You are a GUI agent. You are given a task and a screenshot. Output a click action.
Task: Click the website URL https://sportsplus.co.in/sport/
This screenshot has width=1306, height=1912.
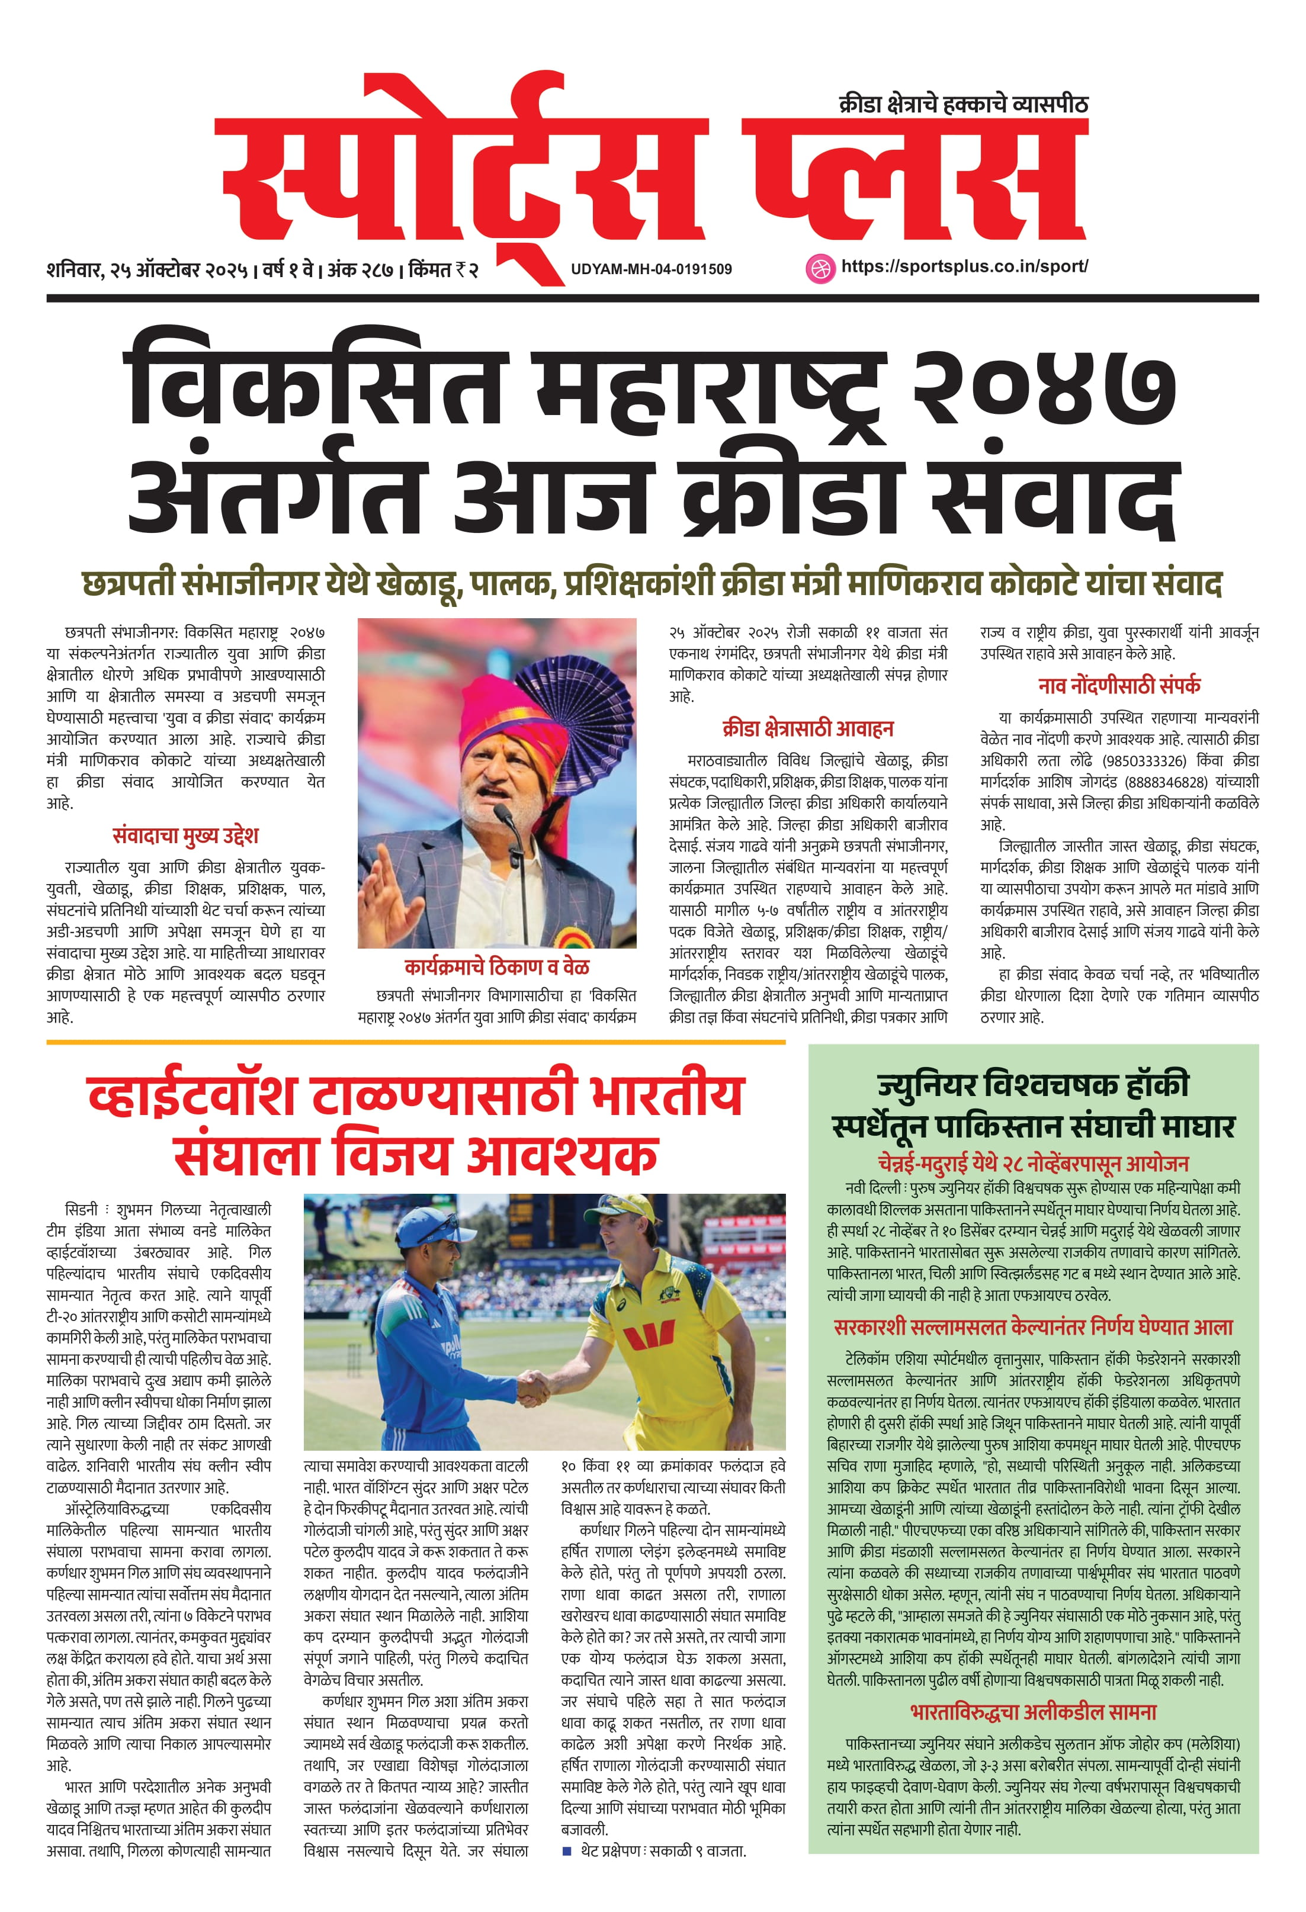coord(964,266)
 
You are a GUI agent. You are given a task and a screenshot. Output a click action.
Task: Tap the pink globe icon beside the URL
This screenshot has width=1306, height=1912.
coord(819,268)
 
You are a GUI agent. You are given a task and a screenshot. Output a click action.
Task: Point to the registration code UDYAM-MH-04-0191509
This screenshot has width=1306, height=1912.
coord(651,269)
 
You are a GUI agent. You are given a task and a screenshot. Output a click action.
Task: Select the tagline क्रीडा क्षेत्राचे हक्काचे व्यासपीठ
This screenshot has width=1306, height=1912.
coord(963,104)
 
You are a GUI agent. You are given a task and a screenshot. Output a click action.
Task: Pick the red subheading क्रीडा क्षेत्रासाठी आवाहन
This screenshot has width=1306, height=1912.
coord(807,728)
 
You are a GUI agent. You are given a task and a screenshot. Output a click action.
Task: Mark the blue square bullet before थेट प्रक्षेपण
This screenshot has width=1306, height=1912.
coord(566,1851)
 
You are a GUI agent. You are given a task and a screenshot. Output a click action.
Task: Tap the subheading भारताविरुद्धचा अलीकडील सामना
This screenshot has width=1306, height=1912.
coord(1033,1712)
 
